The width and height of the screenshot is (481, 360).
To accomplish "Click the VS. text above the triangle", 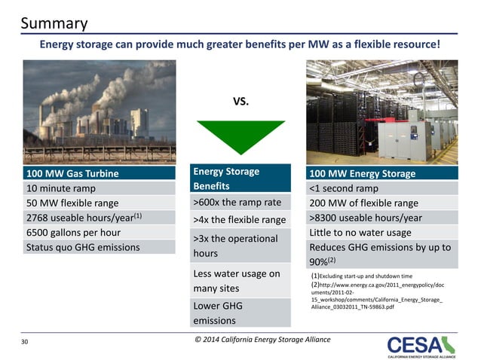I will click(240, 100).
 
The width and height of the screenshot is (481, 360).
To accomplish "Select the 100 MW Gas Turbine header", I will click(73, 174).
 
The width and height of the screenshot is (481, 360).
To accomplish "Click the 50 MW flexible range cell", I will click(73, 203).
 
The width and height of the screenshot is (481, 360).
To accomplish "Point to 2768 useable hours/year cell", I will click(84, 218).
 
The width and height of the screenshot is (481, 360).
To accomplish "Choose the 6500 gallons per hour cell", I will click(75, 233).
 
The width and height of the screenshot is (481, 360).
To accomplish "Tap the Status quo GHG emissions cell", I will click(83, 247).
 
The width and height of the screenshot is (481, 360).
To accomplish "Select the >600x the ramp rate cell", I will click(237, 202).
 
